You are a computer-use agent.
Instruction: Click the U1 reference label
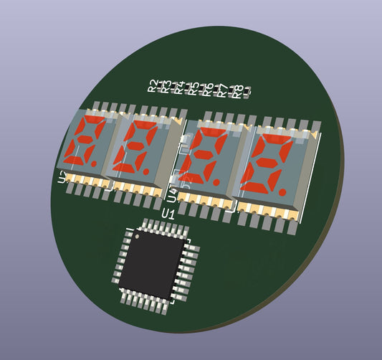pyautogui.click(x=169, y=214)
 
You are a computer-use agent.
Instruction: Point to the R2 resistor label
pyautogui.click(x=152, y=85)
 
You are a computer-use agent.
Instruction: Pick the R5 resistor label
pyautogui.click(x=194, y=89)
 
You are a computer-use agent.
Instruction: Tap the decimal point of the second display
pyautogui.click(x=146, y=172)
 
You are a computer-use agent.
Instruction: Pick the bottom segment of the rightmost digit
pyautogui.click(x=258, y=188)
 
